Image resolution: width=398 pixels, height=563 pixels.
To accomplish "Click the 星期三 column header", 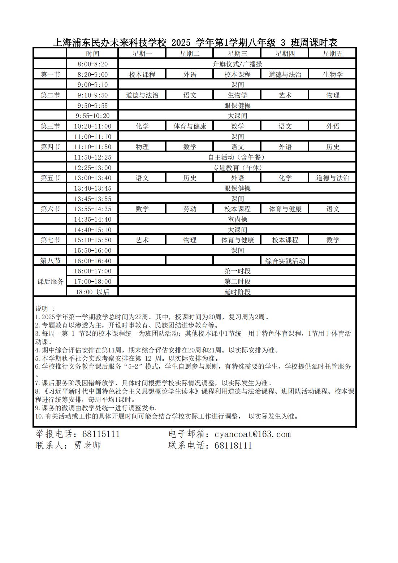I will [237, 54].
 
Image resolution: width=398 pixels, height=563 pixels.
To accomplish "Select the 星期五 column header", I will [332, 54].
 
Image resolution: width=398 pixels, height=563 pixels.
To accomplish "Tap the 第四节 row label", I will [50, 147].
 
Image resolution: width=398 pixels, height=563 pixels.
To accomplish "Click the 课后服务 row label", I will [50, 281].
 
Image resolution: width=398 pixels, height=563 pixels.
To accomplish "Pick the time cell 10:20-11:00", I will [92, 126].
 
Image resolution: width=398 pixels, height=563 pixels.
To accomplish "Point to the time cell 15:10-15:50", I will [92, 240].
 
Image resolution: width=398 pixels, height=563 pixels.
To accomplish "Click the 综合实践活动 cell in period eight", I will [285, 261].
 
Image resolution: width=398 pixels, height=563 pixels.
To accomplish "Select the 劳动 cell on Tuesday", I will [190, 209].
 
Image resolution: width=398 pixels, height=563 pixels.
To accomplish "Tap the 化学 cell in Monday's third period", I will [142, 126].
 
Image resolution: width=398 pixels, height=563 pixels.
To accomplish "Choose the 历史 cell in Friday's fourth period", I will [332, 147].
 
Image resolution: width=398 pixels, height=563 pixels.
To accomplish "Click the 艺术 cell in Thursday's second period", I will [285, 95].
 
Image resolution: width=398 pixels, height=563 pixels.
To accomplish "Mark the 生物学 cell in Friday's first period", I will [332, 75].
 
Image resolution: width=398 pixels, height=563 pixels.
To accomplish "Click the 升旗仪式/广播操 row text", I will [237, 64].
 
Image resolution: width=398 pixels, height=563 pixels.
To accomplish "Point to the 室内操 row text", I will [237, 220].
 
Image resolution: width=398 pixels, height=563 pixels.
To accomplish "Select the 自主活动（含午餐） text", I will [237, 157].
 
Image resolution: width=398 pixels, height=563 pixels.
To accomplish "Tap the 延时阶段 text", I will [237, 292].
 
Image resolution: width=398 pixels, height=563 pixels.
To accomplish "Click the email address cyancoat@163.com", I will [252, 434].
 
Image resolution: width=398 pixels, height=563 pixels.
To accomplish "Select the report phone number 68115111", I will [101, 434].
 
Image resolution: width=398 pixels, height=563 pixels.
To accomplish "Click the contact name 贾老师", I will [87, 445].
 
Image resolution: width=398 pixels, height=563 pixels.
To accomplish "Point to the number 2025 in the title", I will [181, 43].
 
